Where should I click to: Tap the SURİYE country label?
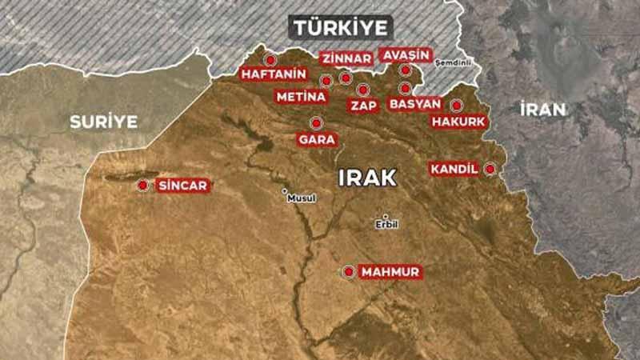tap(103, 122)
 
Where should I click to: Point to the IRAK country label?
tap(367, 177)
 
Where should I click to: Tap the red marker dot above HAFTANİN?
tap(270, 59)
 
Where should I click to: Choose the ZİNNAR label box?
tap(346, 58)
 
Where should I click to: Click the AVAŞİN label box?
tap(406, 54)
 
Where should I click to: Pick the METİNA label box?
tap(301, 97)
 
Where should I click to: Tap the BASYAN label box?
tap(414, 104)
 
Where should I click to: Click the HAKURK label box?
tap(458, 122)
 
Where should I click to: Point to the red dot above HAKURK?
tap(456, 105)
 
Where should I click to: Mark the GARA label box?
tap(316, 139)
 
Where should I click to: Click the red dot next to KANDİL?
tap(490, 169)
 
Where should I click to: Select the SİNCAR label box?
tap(183, 186)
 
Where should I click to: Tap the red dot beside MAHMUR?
tap(348, 272)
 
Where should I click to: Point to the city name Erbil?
tap(386, 225)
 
